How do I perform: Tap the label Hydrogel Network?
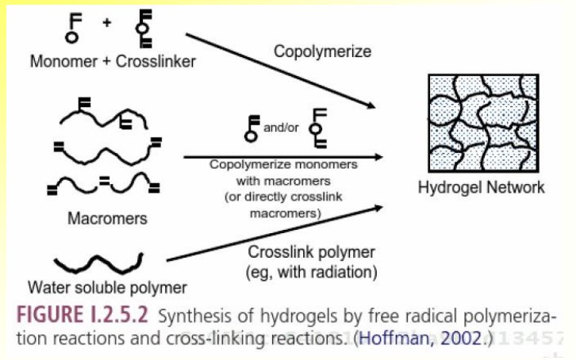[x=482, y=188]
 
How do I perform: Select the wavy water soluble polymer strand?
[x=98, y=261]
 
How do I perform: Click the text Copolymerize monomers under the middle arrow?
[x=283, y=165]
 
